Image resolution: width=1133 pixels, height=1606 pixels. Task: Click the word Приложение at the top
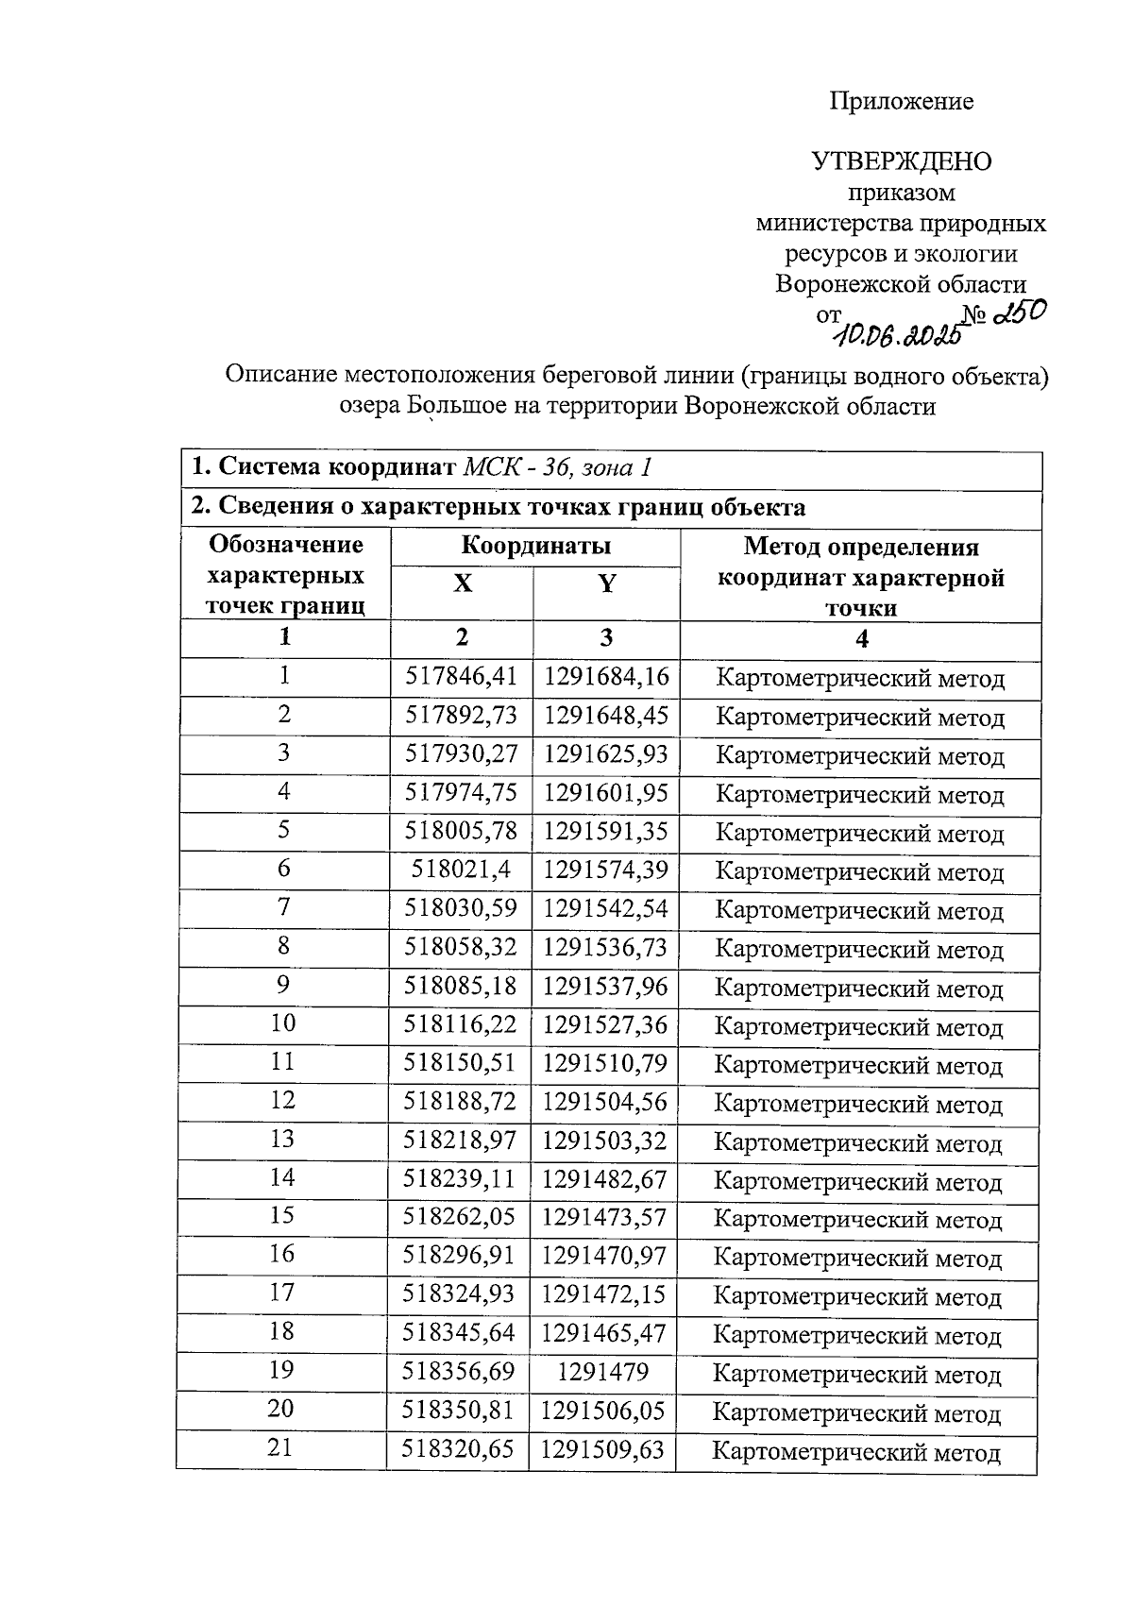click(901, 101)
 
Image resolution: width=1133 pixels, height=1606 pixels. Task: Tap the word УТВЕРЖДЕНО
click(902, 161)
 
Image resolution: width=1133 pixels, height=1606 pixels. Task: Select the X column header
click(462, 583)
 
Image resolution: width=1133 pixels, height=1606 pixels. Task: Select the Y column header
click(606, 583)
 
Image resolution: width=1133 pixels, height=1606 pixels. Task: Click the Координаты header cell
click(535, 546)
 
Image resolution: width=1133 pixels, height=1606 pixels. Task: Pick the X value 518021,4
click(462, 869)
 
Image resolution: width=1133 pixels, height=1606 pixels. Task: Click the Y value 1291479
click(603, 1371)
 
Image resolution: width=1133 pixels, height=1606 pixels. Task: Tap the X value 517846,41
click(462, 676)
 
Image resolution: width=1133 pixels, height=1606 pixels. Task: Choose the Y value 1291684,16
click(605, 676)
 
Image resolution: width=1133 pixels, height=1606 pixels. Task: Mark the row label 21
click(280, 1447)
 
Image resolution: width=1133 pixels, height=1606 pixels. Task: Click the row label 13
click(282, 1139)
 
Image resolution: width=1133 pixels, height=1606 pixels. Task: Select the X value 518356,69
click(459, 1371)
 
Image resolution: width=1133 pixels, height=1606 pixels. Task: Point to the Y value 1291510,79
click(604, 1063)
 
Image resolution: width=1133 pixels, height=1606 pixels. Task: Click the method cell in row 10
click(858, 1026)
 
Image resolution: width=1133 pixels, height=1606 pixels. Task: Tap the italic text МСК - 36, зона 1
click(556, 467)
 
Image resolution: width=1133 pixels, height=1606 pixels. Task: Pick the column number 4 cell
click(861, 639)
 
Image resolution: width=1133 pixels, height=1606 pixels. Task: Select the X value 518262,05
click(459, 1216)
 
